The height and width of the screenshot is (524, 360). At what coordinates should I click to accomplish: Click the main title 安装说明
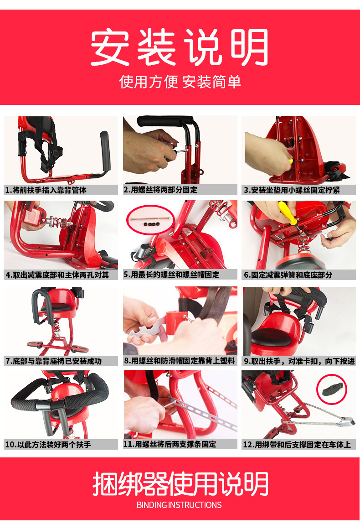[x=180, y=47]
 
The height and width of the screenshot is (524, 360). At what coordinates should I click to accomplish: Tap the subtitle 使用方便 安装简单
[x=180, y=82]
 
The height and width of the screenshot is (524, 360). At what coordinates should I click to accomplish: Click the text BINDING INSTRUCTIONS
[x=179, y=504]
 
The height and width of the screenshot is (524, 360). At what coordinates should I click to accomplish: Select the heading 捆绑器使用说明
[x=180, y=483]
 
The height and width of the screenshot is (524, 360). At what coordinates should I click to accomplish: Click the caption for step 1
[x=46, y=190]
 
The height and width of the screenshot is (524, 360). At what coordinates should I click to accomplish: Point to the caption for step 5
[x=171, y=275]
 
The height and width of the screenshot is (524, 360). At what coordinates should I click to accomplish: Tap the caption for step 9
[x=299, y=361]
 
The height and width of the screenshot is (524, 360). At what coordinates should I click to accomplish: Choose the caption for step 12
[x=297, y=445]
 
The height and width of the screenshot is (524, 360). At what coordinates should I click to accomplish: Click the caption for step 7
[x=53, y=361]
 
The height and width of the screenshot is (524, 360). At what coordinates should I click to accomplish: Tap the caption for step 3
[x=292, y=190]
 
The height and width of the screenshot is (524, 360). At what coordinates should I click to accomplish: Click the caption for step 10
[x=48, y=445]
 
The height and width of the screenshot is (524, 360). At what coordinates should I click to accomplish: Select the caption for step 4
[x=57, y=275]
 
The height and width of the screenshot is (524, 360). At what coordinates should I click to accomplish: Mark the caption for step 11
[x=170, y=444]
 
